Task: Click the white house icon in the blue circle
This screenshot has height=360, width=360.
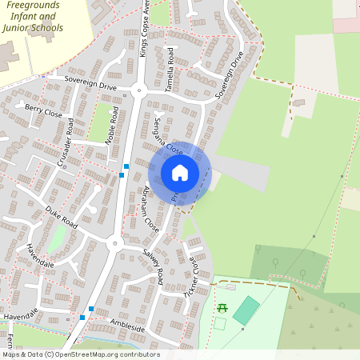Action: (x=180, y=172)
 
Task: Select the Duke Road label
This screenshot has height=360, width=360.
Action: (x=61, y=216)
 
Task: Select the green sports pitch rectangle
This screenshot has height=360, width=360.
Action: (x=246, y=310)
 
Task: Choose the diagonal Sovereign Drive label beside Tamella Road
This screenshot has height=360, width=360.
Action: (x=229, y=75)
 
